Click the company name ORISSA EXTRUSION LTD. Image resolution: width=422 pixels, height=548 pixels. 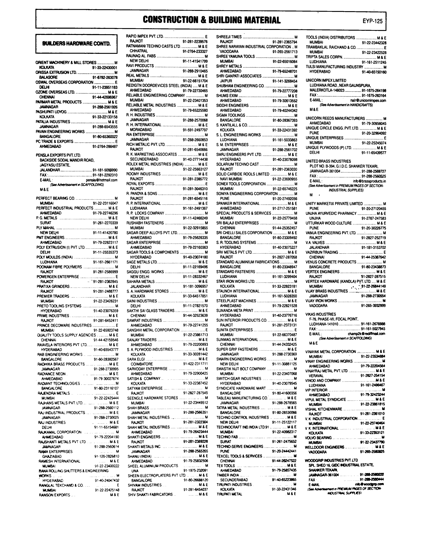(x=56, y=72)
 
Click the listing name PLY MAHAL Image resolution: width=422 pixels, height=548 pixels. (x=46, y=228)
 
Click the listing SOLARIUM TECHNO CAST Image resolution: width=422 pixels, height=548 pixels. (x=237, y=164)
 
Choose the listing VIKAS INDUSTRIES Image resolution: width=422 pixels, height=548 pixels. (x=321, y=314)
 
